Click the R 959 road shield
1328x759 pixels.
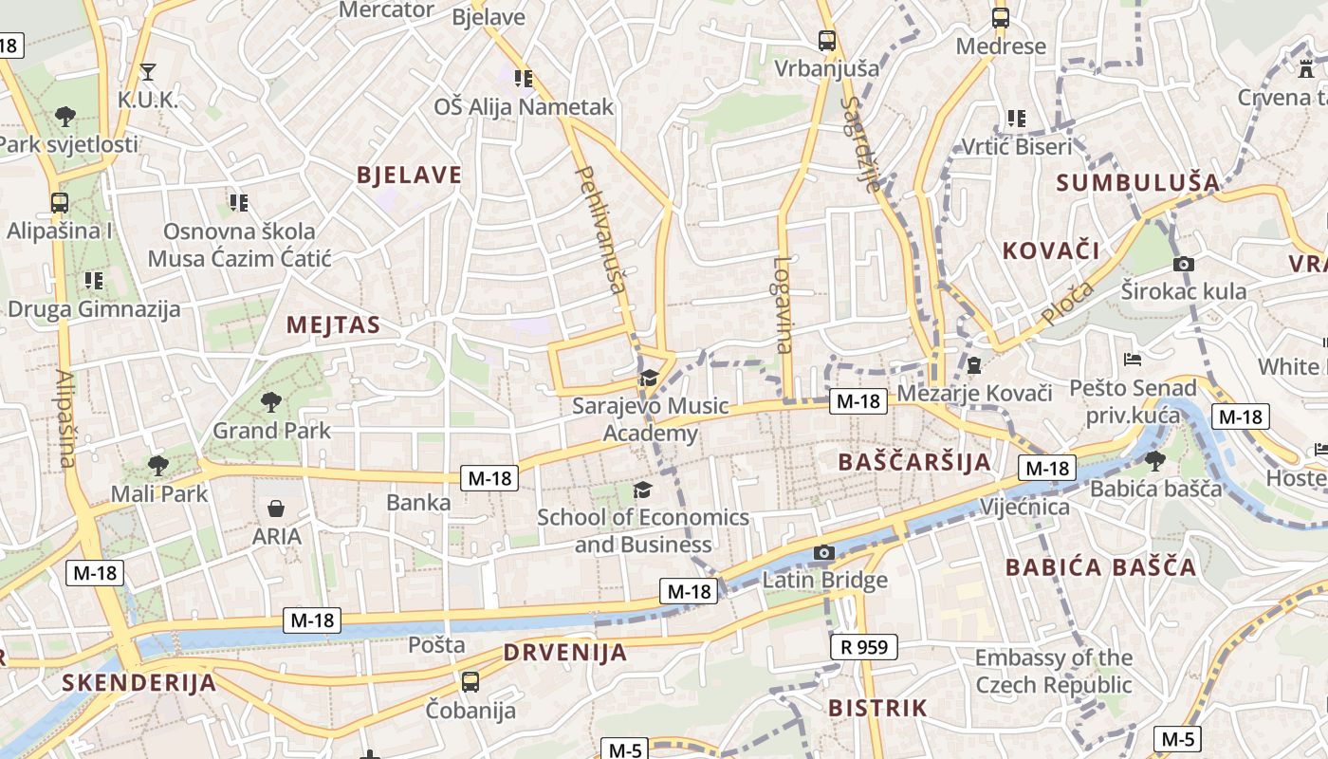[x=864, y=648]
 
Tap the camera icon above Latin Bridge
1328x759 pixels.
[x=824, y=553]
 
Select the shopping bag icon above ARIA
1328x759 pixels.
[x=275, y=509]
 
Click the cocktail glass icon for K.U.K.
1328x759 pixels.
[x=147, y=71]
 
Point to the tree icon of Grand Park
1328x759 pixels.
[x=271, y=401]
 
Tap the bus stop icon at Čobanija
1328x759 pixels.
[x=470, y=681]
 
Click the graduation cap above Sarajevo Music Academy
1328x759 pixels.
[x=649, y=379]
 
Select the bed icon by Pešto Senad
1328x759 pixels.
[x=1132, y=360]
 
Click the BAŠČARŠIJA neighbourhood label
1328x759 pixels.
[x=914, y=462]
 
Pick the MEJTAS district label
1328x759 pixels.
[x=333, y=325]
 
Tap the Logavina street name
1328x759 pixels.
[x=783, y=305]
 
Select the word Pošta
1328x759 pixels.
[x=436, y=645]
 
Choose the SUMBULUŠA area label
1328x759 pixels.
[x=1137, y=182]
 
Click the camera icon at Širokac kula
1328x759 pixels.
[x=1183, y=265]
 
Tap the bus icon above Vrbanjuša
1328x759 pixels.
[x=827, y=41]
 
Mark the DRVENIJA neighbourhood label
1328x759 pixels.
[x=565, y=653]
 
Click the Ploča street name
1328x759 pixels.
[x=1067, y=304]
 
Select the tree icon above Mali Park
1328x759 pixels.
[x=158, y=465]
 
